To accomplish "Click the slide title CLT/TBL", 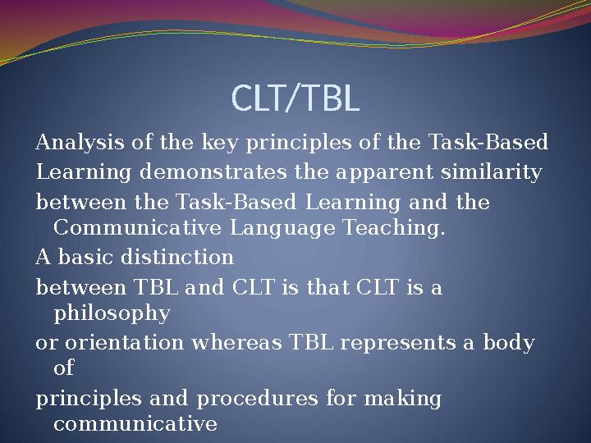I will click(x=295, y=99).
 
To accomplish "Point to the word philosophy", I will click(x=112, y=313).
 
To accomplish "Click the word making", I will click(x=406, y=399).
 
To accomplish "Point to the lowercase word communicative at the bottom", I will click(x=135, y=424).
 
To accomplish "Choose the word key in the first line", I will click(x=207, y=144).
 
